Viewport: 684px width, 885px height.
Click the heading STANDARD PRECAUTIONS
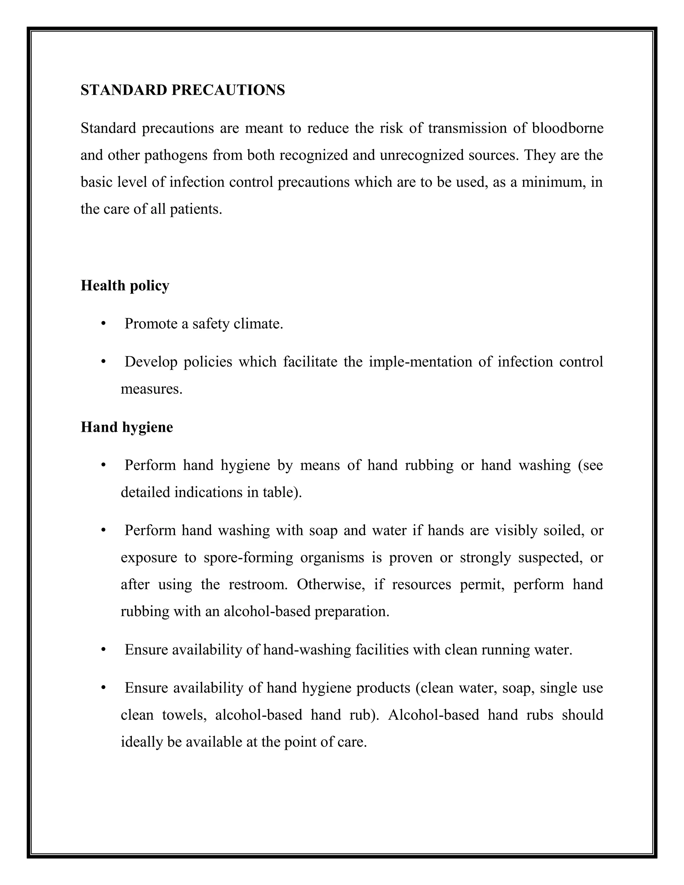[183, 90]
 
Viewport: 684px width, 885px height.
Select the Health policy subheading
[125, 286]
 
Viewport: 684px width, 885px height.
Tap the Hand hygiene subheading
[127, 427]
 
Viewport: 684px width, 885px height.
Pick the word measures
[152, 389]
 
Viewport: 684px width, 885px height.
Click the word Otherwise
[331, 584]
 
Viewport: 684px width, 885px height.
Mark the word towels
[185, 715]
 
